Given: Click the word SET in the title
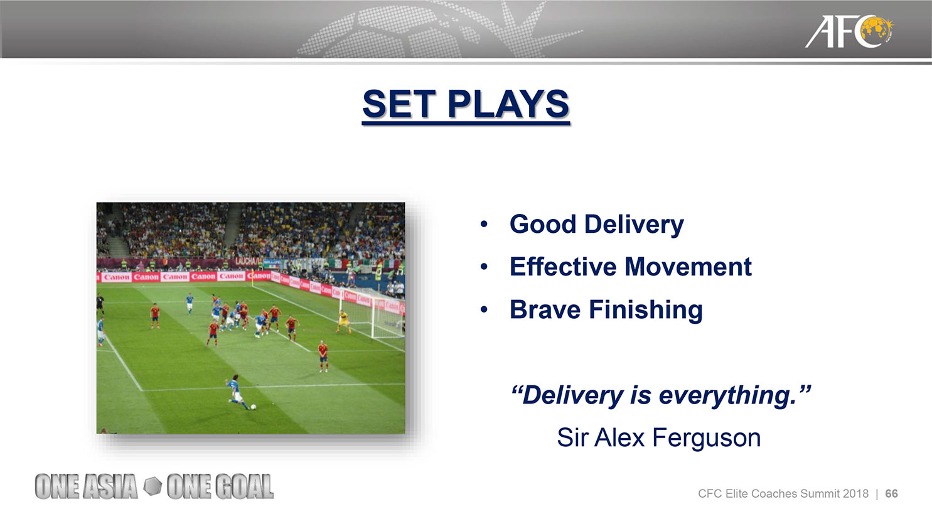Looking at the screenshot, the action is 399,104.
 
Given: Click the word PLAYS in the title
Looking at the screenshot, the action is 508,104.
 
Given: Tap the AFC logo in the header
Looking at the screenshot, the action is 849,31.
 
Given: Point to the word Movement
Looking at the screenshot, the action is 688,267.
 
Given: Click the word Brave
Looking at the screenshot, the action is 545,310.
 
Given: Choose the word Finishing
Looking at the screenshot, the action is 646,311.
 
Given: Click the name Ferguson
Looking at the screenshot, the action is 707,438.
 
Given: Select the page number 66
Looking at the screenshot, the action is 891,494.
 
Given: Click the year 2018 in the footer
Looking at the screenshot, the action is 855,494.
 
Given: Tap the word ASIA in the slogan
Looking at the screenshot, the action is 110,486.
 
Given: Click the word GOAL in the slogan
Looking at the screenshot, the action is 244,486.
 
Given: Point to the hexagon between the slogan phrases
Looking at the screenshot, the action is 153,486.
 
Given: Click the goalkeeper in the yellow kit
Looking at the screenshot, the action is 343,322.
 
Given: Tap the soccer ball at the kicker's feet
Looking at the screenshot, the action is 254,407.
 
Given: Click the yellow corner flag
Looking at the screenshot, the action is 252,282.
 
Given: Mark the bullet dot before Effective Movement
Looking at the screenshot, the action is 483,267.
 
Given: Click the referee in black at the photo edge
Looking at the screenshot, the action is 100,304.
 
